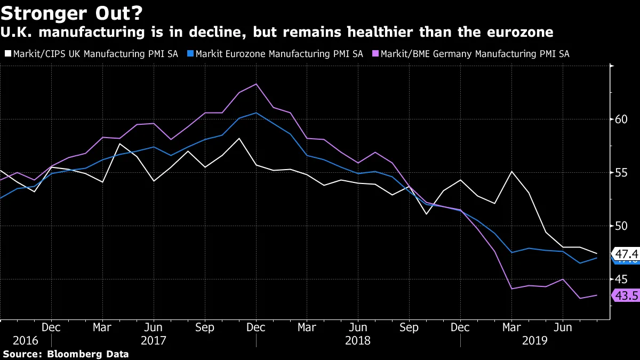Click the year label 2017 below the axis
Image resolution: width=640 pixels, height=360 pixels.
154,340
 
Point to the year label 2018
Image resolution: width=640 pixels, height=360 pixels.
358,340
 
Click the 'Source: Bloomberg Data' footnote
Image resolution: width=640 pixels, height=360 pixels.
66,354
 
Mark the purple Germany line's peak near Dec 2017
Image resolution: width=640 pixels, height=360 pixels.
257,84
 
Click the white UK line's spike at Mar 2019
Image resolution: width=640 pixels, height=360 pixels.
511,171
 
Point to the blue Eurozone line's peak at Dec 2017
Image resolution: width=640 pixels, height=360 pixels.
257,113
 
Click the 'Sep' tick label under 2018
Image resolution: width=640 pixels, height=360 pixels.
409,327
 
